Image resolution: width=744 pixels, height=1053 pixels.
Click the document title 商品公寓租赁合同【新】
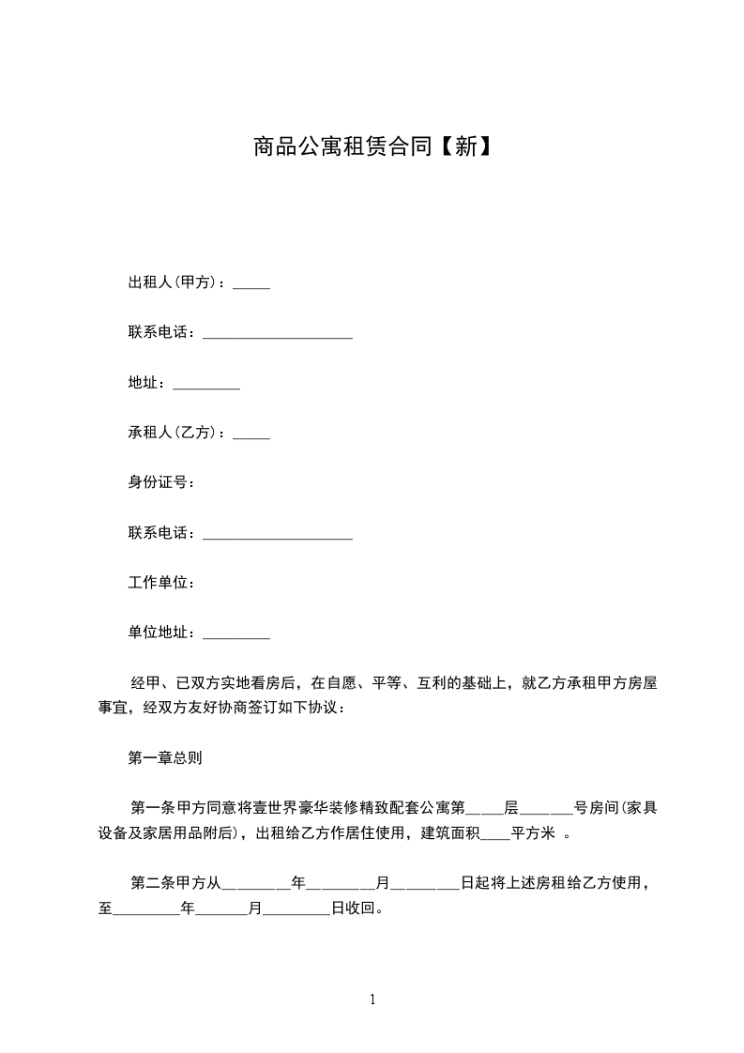click(x=372, y=146)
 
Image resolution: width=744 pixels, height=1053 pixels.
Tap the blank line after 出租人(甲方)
click(x=251, y=284)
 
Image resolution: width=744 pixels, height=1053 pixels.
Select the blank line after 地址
click(x=206, y=385)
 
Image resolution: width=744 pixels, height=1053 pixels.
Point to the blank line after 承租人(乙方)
click(x=251, y=435)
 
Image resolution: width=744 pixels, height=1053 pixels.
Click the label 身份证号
click(x=160, y=483)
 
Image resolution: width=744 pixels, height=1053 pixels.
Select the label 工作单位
click(x=160, y=584)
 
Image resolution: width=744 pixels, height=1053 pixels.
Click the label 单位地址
click(x=160, y=633)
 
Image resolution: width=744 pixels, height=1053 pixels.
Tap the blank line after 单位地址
click(x=235, y=636)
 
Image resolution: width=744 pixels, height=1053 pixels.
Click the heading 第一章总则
click(x=164, y=757)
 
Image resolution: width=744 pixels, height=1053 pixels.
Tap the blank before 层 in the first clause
click(x=485, y=809)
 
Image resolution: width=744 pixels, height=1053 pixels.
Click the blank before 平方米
click(x=494, y=834)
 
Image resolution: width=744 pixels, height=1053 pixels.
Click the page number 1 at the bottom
click(x=372, y=1000)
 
